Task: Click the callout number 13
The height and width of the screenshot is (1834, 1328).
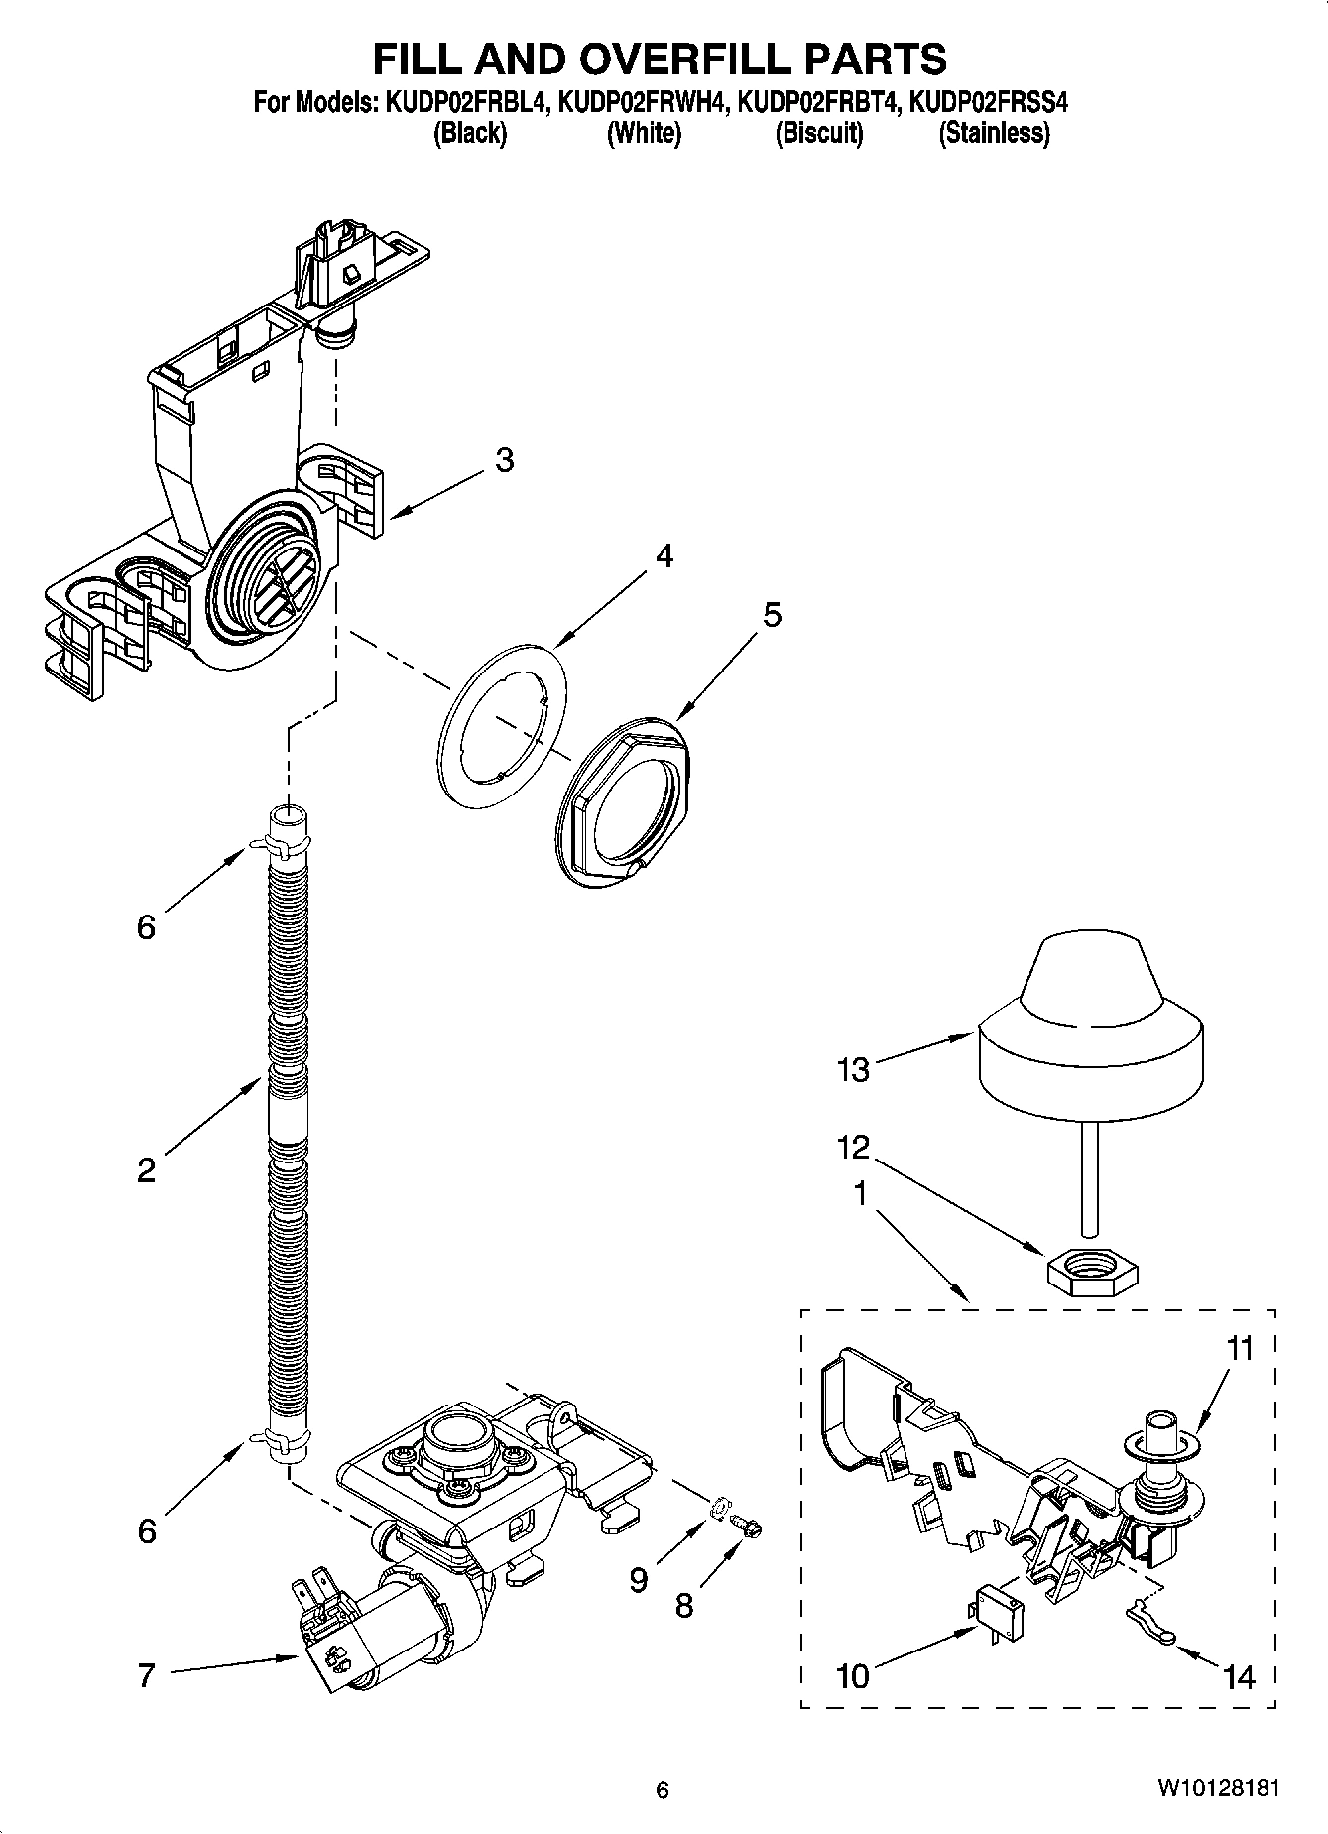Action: tap(853, 1070)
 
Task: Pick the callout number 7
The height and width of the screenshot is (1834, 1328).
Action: tap(146, 1676)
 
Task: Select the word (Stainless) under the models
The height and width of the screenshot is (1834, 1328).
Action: tap(994, 133)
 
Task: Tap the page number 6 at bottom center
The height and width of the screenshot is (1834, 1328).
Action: tap(663, 1789)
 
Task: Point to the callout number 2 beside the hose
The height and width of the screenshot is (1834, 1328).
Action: tap(146, 1171)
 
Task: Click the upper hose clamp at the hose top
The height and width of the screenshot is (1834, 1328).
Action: tap(281, 845)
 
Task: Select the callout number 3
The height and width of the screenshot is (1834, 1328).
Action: tap(504, 460)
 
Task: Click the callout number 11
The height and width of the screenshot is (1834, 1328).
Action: tap(1240, 1348)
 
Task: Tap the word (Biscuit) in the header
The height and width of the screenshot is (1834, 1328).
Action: tap(819, 133)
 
